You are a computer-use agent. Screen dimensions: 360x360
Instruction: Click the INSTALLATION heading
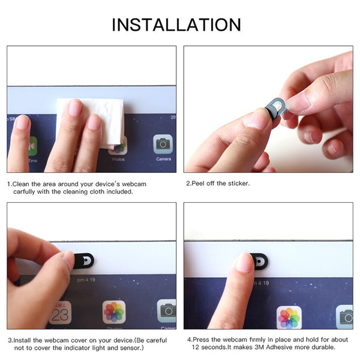tap(176, 25)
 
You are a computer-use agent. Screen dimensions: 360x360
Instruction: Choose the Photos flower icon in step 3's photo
tap(114, 312)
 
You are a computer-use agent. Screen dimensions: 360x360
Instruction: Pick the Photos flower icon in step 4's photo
tap(289, 317)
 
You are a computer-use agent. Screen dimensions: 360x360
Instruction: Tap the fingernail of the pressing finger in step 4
tap(244, 262)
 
